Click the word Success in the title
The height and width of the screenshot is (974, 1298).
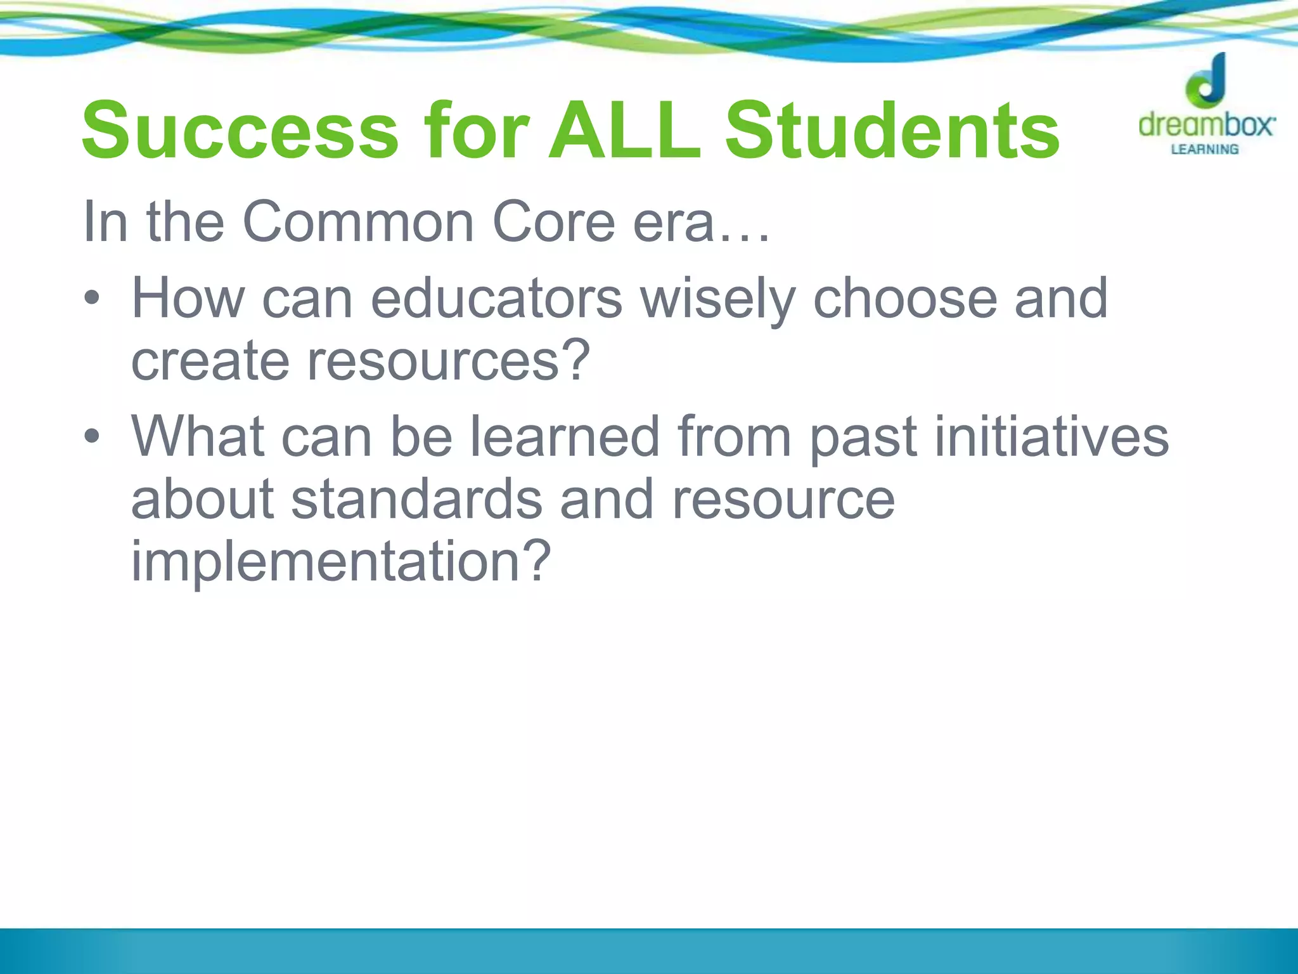pos(240,132)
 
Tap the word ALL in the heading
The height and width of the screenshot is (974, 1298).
pos(624,132)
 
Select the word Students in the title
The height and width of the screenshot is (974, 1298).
pos(892,132)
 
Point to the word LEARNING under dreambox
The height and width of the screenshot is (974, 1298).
pos(1204,150)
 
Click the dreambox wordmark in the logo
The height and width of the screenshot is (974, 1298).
pos(1206,124)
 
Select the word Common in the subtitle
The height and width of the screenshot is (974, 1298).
pos(358,222)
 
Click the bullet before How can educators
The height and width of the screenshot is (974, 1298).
pos(93,298)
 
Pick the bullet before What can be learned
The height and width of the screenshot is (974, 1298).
pos(93,436)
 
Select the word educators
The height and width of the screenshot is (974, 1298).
pos(496,298)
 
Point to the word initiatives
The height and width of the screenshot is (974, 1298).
pos(1051,436)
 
